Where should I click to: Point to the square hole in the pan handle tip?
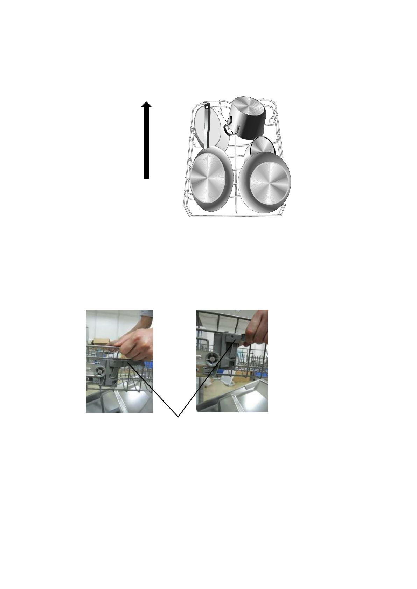point(207,107)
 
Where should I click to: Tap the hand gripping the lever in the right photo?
point(257,332)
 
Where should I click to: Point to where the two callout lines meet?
point(178,417)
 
